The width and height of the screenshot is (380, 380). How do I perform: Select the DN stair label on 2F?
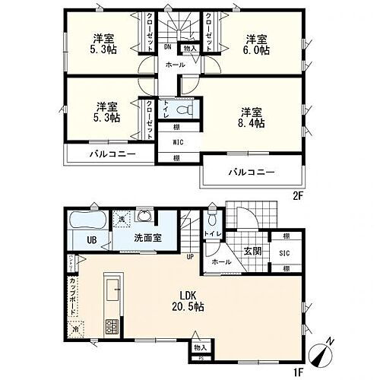167,47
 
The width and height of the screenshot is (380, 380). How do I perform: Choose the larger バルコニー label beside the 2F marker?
250,173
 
